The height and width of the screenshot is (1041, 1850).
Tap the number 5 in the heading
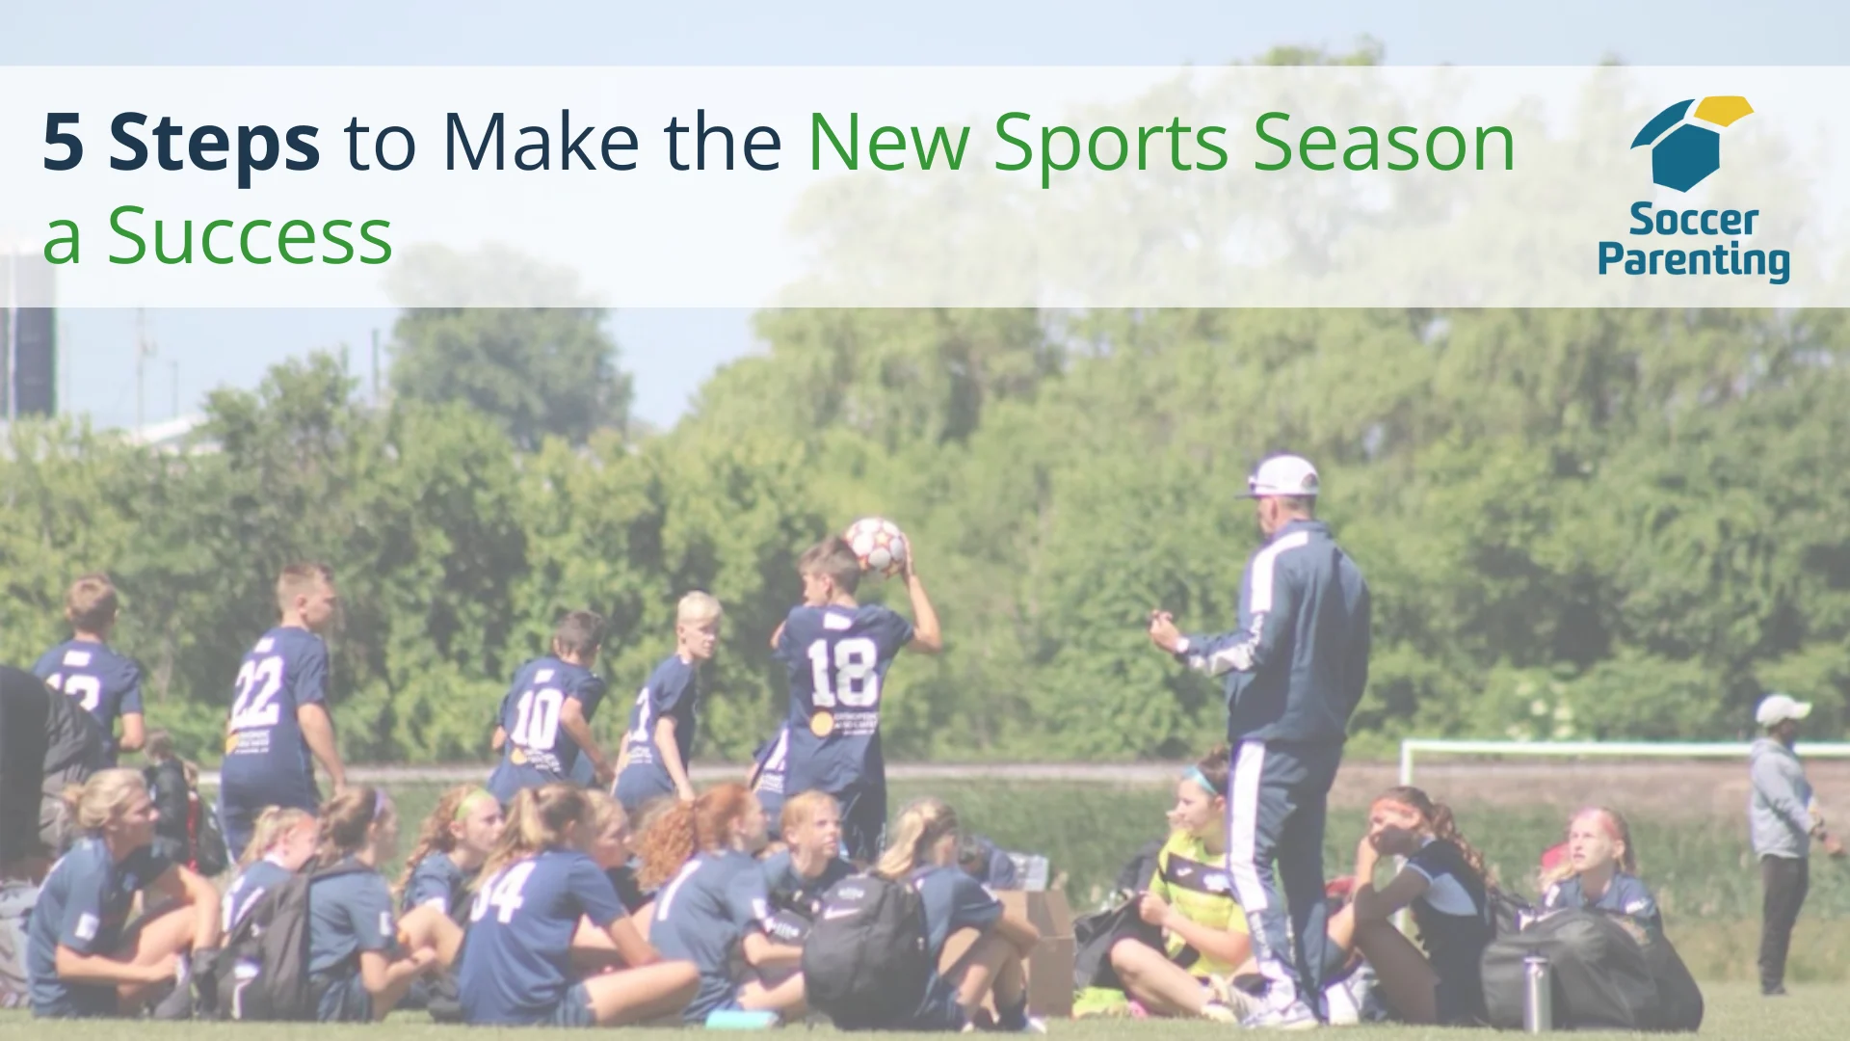click(x=64, y=143)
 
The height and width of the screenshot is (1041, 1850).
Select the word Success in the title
click(x=250, y=235)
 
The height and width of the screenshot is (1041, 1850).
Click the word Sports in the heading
click(x=1110, y=145)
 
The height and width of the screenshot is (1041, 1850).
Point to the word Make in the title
click(x=541, y=142)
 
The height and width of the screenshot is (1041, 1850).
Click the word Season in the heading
click(x=1385, y=143)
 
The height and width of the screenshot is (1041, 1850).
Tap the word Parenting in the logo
click(x=1693, y=261)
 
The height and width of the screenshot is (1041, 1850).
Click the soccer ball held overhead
click(x=875, y=546)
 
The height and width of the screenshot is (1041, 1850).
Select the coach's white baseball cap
click(x=1281, y=476)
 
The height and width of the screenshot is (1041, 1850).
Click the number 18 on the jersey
click(x=842, y=672)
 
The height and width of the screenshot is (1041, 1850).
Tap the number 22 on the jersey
click(x=256, y=692)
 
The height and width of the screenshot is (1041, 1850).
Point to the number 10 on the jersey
click(x=536, y=718)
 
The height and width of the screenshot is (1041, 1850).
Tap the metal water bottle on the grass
click(x=1537, y=993)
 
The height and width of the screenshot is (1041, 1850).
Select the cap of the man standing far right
click(x=1782, y=709)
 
